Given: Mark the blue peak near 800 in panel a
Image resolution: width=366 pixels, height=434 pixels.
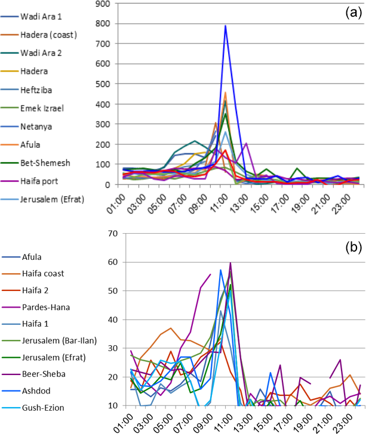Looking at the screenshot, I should pos(225,26).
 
